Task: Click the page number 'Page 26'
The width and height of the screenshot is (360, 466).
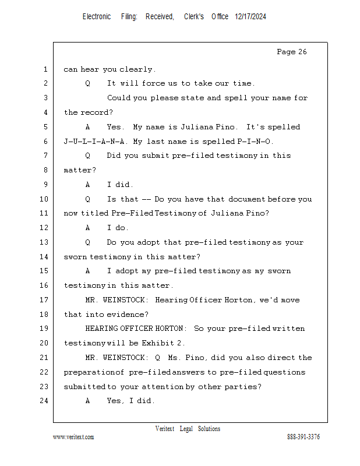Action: (292, 52)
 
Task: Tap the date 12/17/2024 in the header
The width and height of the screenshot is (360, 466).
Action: (250, 17)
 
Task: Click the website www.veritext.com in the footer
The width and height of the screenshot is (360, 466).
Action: (73, 437)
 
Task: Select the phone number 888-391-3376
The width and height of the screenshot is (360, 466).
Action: (303, 436)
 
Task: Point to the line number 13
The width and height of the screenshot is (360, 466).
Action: (44, 242)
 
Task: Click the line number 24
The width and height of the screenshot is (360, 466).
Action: (44, 401)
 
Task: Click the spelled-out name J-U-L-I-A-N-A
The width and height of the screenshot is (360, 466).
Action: (94, 142)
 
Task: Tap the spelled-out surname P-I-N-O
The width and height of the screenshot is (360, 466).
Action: (254, 142)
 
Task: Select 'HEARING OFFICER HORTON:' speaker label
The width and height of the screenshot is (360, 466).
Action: (136, 329)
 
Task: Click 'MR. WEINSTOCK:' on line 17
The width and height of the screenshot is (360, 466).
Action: (117, 300)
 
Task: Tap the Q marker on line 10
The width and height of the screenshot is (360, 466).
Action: (87, 199)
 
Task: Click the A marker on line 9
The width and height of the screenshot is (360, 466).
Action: (87, 185)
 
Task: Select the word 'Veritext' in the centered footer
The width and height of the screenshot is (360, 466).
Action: (165, 429)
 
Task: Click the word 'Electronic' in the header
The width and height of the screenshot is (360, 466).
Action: (97, 17)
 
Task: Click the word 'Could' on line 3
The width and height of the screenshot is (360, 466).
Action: (118, 98)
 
